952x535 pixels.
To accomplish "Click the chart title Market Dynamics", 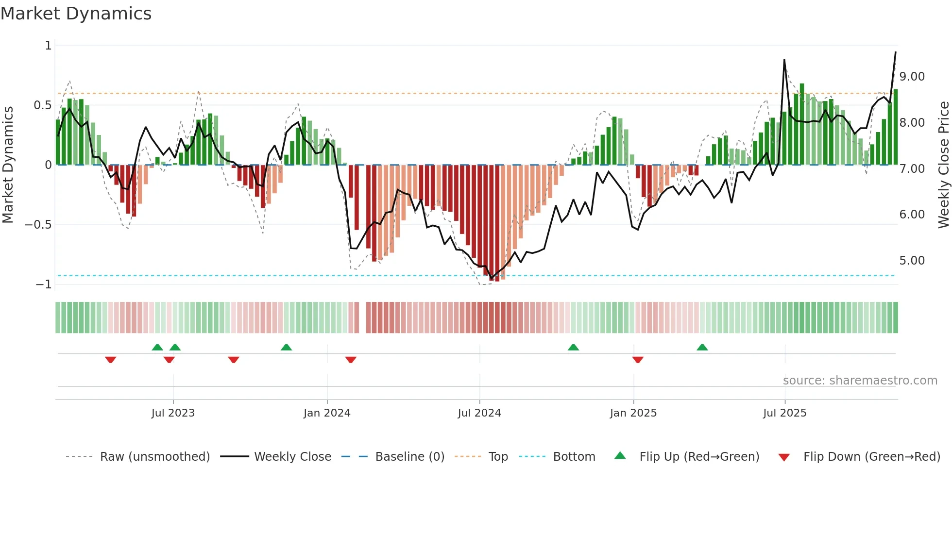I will tap(76, 14).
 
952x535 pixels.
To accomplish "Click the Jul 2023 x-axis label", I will tap(173, 413).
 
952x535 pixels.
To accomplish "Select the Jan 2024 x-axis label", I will tap(327, 413).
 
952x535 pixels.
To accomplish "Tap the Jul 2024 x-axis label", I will tap(479, 413).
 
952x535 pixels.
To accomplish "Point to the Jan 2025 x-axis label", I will tap(633, 413).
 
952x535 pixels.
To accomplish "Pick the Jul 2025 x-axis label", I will tap(785, 413).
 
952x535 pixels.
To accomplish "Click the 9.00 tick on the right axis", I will tap(912, 77).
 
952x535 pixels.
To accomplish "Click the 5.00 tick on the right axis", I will tap(912, 261).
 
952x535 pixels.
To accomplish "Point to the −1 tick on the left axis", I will tap(44, 284).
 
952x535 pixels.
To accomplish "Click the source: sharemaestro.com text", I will tap(860, 381).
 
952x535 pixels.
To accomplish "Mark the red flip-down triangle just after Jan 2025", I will tap(638, 360).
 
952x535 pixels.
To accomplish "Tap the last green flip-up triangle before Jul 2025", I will tap(702, 347).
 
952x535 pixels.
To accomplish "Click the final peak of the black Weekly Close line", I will tap(896, 52).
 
